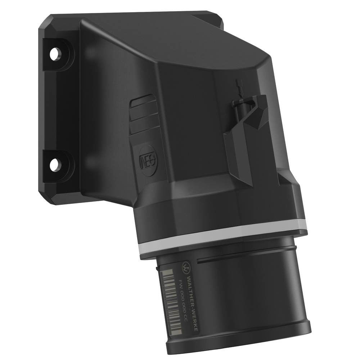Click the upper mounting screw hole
(55, 55)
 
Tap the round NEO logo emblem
(148, 159)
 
